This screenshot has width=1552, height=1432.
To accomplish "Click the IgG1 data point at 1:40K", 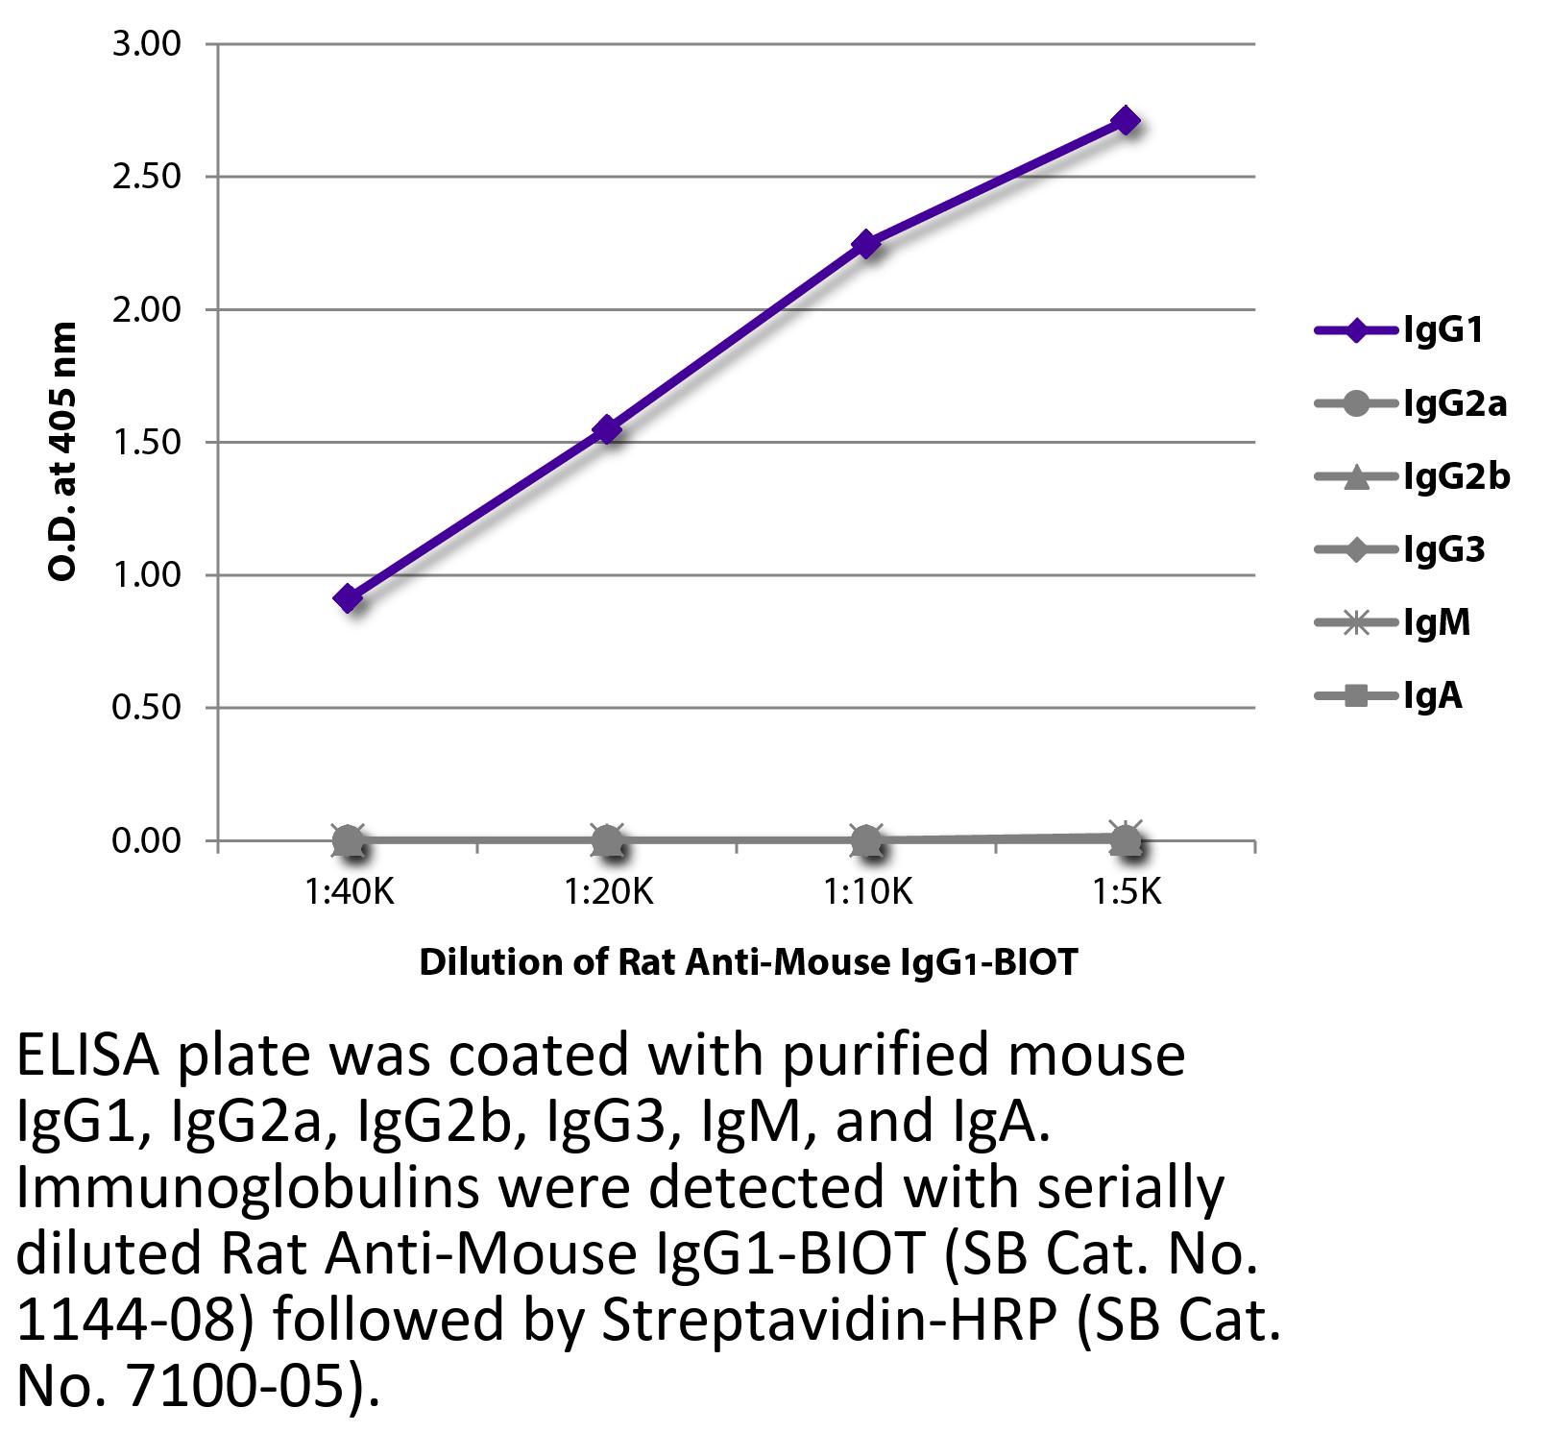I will click(348, 598).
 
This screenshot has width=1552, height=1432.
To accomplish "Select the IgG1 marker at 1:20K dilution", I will click(607, 429).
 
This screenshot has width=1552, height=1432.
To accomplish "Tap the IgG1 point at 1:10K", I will click(866, 244).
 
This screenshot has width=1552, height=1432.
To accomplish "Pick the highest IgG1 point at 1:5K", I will click(1126, 121).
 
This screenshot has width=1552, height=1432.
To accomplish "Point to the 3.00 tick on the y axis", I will click(146, 44).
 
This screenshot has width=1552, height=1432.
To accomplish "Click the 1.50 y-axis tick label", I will click(146, 443).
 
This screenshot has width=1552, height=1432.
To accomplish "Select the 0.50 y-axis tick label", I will click(146, 708).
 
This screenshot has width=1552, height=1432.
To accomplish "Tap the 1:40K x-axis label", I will click(349, 893).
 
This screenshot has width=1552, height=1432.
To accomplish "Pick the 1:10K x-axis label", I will click(867, 893).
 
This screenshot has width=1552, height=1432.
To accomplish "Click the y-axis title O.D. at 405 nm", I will click(62, 451).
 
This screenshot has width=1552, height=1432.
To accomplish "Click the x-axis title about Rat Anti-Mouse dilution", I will click(748, 961).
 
